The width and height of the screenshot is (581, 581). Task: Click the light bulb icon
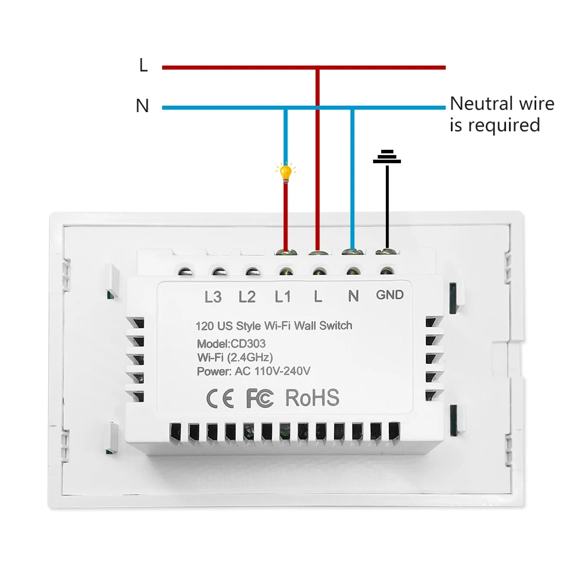pos(285,173)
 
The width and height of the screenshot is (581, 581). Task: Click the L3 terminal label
pos(213,297)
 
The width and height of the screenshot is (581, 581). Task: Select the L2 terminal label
pos(247,297)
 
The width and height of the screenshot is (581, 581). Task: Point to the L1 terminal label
pos(283,297)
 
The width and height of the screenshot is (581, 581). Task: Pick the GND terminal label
pos(389,295)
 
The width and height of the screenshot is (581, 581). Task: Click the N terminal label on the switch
pos(353,296)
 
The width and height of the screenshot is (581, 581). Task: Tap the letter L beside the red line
pos(144,66)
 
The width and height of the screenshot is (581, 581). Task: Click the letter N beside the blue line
pos(142,106)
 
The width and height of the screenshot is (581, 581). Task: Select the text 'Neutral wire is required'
pos(502,114)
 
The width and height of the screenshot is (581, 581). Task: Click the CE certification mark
pos(221,398)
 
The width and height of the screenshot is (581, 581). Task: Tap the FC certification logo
pos(260,398)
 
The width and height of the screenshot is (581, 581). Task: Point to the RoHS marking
pos(312,397)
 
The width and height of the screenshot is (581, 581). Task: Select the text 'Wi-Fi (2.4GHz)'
pos(235,357)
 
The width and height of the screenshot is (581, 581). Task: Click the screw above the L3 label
pos(186,272)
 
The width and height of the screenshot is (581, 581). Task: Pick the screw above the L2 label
pos(219,272)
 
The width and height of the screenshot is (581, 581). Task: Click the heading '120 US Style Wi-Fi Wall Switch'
pos(274,326)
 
